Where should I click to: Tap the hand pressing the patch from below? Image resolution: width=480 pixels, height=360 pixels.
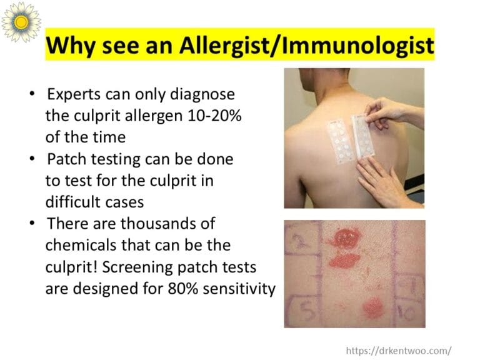pos(381,181)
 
